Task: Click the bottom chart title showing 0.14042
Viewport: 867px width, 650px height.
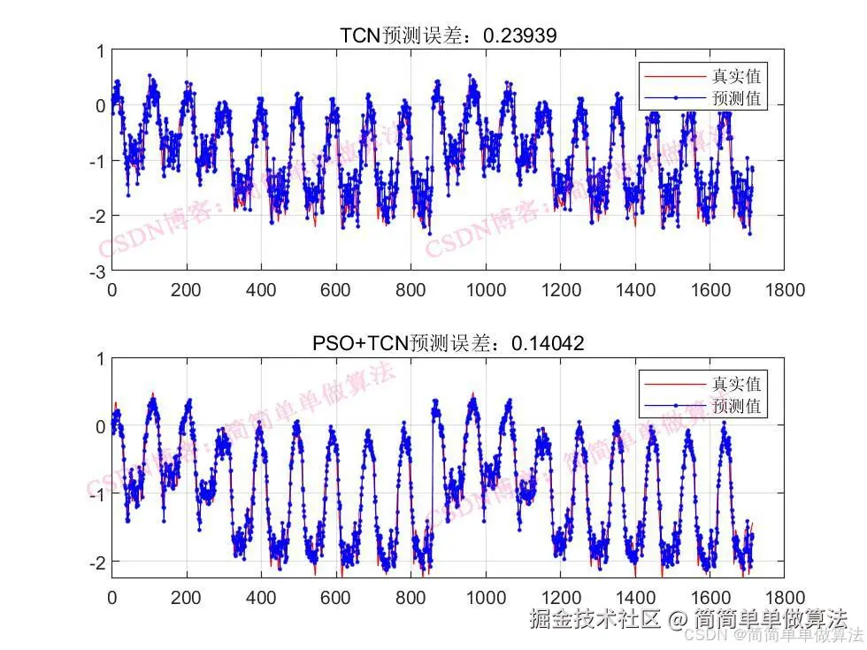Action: [448, 343]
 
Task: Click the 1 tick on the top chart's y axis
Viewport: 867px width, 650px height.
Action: [101, 51]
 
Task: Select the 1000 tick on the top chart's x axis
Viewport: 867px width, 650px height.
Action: [485, 289]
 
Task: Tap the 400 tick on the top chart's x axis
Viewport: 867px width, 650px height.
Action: [261, 289]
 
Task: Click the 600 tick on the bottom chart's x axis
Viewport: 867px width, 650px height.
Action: [335, 597]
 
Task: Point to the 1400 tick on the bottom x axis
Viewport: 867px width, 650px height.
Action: [634, 597]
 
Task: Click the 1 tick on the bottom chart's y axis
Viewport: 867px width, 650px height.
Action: [101, 359]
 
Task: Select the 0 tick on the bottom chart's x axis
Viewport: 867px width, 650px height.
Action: [111, 597]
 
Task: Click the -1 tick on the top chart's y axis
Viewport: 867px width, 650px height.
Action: [97, 161]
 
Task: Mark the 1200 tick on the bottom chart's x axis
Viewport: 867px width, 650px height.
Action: [559, 597]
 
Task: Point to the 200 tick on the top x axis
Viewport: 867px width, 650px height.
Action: [186, 289]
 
